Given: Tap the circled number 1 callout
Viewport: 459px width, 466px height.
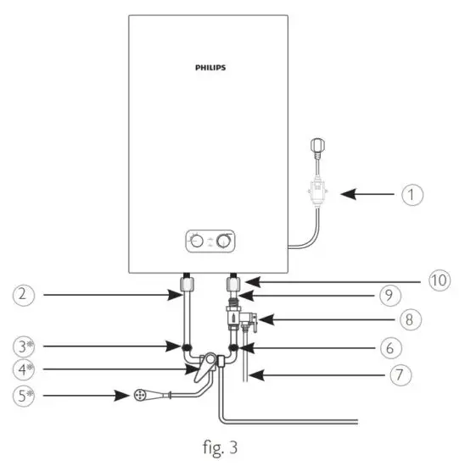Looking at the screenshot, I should point(412,195).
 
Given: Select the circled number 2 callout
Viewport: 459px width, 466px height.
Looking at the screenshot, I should point(25,296).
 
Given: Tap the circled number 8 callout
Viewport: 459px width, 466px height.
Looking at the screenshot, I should point(413,320).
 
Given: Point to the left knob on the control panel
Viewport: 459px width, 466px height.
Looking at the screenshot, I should point(197,241).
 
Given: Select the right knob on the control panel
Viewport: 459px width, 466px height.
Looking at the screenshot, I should point(224,241).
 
